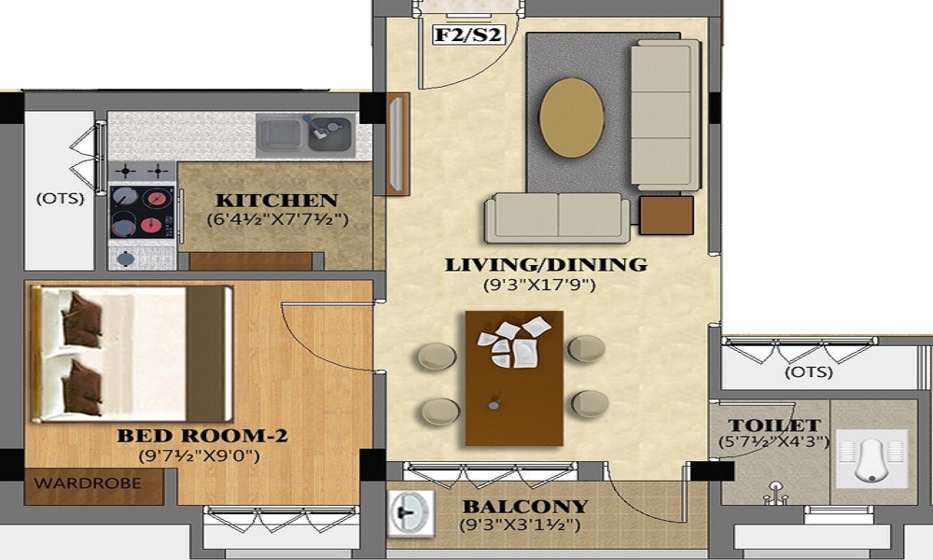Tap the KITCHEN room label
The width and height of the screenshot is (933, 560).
[276, 201]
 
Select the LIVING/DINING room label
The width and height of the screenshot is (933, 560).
[546, 264]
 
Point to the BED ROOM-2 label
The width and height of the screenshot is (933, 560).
[202, 436]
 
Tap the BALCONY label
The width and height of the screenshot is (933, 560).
[526, 507]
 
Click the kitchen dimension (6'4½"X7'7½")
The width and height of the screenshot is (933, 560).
[277, 220]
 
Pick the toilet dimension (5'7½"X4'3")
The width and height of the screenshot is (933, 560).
[773, 442]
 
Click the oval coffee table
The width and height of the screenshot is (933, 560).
[571, 118]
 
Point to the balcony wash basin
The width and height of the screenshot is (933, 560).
[410, 515]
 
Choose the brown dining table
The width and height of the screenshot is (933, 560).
[514, 377]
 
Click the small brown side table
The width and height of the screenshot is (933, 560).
[666, 215]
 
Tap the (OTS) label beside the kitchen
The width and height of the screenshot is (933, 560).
[60, 199]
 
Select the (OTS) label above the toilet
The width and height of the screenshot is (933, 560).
[808, 372]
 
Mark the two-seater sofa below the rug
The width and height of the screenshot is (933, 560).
[557, 217]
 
